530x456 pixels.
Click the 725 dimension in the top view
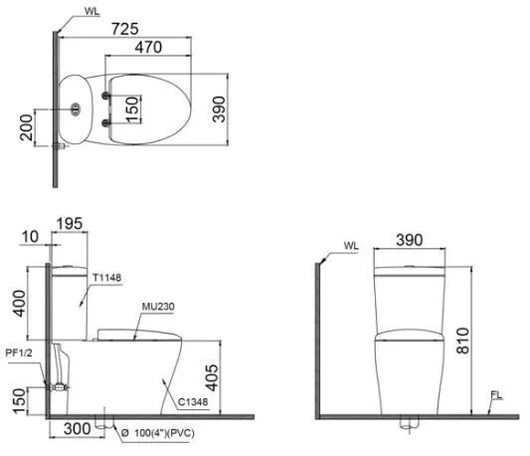(124, 29)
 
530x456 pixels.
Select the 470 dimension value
(148, 47)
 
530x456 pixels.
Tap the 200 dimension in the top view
(27, 127)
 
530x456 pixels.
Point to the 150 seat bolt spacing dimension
(132, 110)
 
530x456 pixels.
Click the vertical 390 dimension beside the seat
(219, 109)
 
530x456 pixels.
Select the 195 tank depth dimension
(70, 224)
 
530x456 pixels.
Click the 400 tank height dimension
(19, 304)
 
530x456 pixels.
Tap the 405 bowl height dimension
(212, 377)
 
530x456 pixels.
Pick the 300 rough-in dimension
(78, 429)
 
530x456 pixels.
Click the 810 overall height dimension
(462, 341)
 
